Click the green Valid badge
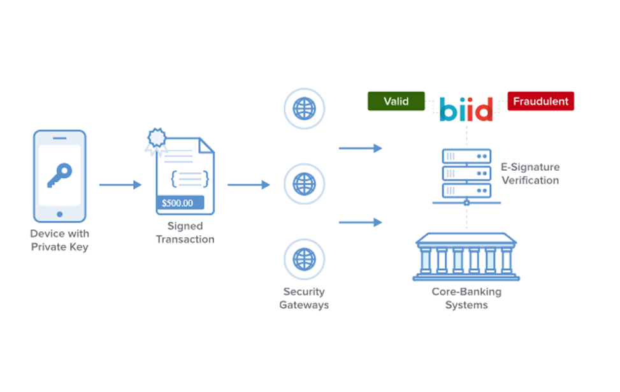(x=396, y=101)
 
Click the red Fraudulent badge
(x=540, y=101)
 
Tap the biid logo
(x=466, y=109)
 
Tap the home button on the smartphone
(x=59, y=214)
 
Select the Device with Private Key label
(x=59, y=240)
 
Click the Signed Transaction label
(x=185, y=233)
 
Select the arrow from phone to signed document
(x=120, y=185)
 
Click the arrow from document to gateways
(x=249, y=185)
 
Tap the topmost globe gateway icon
(x=304, y=108)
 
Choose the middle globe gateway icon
(x=304, y=184)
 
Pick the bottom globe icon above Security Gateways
(x=304, y=259)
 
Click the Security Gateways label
(x=304, y=298)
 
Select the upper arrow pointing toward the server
(x=360, y=149)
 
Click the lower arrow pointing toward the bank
(x=360, y=222)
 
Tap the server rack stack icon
(x=466, y=173)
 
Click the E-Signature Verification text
(x=530, y=173)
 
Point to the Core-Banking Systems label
(x=466, y=298)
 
